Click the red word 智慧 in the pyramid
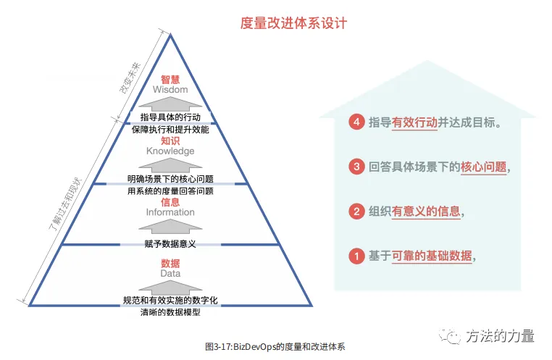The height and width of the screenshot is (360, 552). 170,78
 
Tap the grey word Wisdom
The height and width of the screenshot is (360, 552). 170,90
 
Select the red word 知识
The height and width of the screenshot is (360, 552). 170,141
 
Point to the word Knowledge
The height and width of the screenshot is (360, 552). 170,151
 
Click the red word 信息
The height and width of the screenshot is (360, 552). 170,202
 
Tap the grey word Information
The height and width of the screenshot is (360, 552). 170,212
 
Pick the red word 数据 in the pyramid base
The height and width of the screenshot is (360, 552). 170,263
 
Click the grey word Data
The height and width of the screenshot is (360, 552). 170,274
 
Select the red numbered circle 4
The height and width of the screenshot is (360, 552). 355,122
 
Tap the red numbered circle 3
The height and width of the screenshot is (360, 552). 355,167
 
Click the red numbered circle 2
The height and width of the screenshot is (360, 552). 355,212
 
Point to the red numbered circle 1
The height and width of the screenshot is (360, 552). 355,256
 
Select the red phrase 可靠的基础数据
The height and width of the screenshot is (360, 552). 432,256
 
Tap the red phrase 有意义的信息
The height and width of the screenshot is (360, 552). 426,212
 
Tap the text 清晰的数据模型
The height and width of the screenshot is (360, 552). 170,313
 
